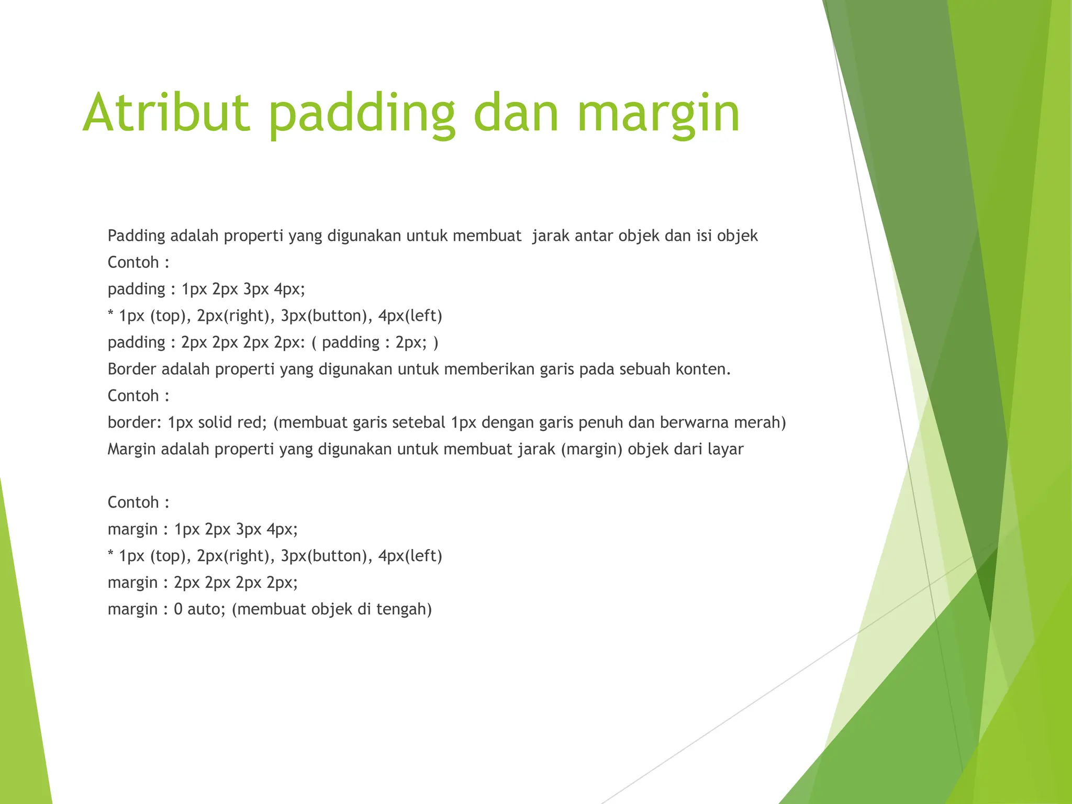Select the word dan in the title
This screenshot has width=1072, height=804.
(x=516, y=113)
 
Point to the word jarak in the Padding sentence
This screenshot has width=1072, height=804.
(x=550, y=236)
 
